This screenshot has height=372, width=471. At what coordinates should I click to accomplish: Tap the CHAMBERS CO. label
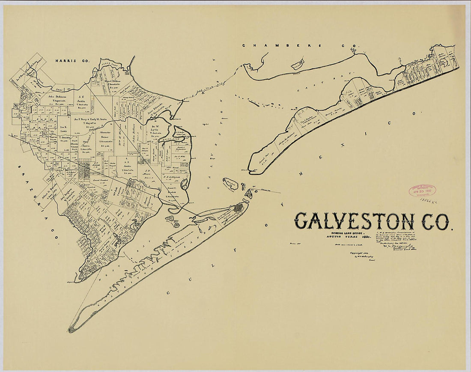point(301,45)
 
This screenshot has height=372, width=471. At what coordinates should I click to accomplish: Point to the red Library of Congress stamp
point(422,190)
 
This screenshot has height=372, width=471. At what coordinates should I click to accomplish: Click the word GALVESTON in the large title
point(354,221)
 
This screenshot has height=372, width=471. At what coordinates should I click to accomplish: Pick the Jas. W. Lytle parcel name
point(155,128)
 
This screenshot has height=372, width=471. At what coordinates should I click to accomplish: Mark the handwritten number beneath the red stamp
point(425,200)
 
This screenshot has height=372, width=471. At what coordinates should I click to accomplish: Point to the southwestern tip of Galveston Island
point(72,330)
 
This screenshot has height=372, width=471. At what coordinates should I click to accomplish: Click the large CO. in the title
point(435,221)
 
